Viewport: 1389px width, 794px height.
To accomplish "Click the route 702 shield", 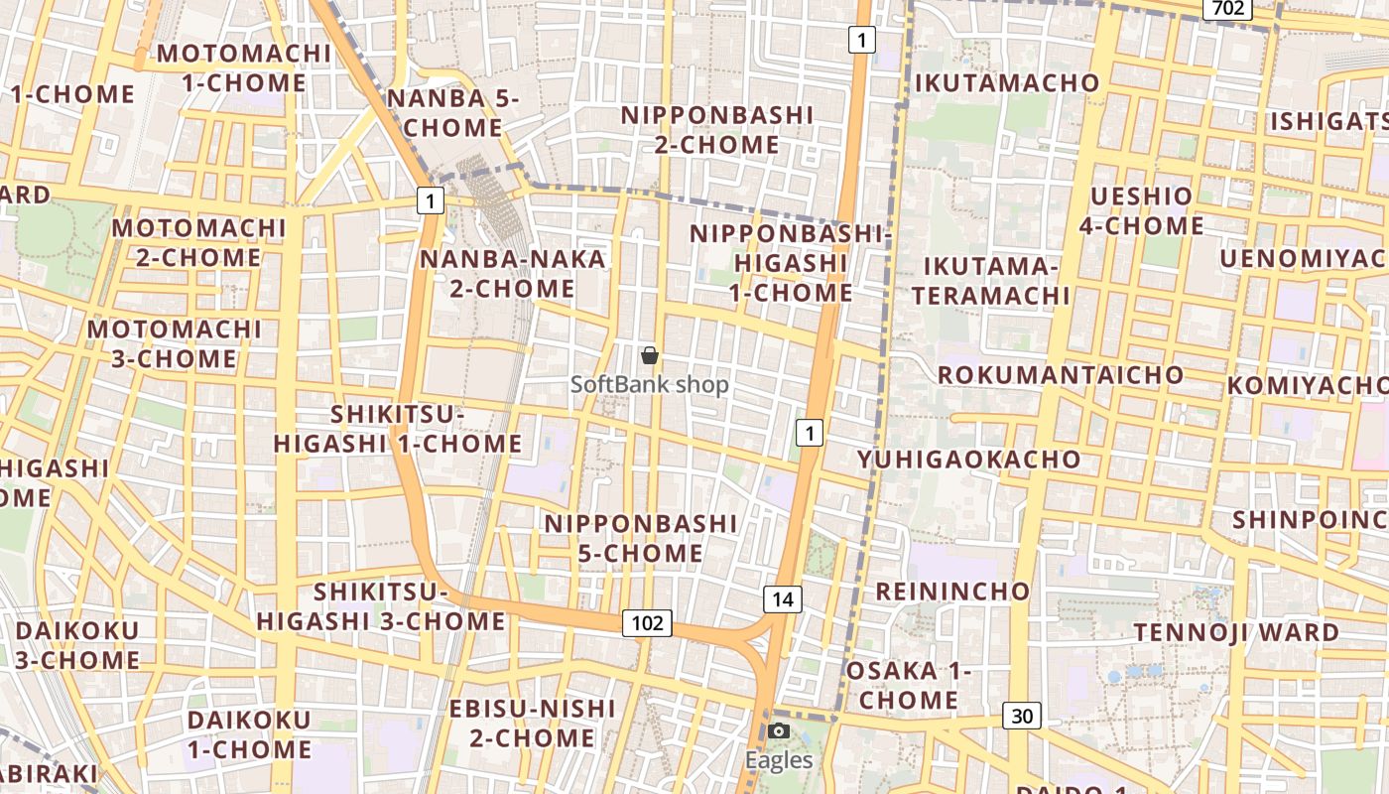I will [x=1227, y=8].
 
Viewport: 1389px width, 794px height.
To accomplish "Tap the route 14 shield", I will [x=783, y=599].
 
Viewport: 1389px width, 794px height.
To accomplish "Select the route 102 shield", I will [x=647, y=623].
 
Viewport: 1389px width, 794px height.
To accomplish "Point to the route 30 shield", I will [x=1021, y=715].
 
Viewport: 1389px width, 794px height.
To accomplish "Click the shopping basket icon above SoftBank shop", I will [x=650, y=355].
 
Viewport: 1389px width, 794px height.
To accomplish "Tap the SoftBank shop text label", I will [x=650, y=384].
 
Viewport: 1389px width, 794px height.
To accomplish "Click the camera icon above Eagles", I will [x=779, y=732].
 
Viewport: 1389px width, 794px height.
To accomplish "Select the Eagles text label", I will [x=779, y=760].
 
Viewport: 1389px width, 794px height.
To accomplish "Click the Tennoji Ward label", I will [x=1236, y=632].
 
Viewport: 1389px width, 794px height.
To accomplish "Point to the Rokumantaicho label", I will [x=1060, y=375].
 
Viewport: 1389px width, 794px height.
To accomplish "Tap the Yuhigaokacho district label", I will [x=968, y=459].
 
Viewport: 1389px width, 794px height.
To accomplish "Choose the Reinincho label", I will [x=951, y=592].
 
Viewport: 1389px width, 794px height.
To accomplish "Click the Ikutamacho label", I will [x=1006, y=82].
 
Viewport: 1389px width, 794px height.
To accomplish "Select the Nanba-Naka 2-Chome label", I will [x=512, y=274].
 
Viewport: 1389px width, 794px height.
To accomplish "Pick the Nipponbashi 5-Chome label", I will [x=640, y=538].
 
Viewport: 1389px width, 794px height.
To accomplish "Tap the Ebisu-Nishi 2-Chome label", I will [x=532, y=723].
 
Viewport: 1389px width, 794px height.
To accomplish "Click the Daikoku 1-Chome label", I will [x=248, y=734].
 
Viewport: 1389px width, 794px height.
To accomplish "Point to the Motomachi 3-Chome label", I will [x=175, y=343].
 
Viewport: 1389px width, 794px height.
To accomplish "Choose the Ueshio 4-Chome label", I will [x=1141, y=210].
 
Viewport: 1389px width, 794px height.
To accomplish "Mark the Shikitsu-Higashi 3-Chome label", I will [x=381, y=606].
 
